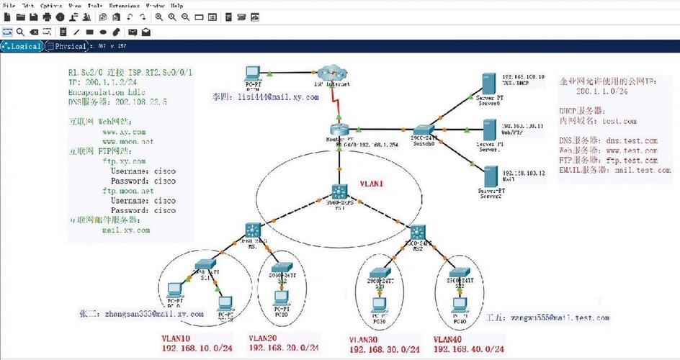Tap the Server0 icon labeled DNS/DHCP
(488, 84)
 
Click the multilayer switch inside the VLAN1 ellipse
(339, 192)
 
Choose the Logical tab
(22, 46)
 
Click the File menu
(9, 5)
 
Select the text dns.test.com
(632, 140)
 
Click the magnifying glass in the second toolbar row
(21, 32)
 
